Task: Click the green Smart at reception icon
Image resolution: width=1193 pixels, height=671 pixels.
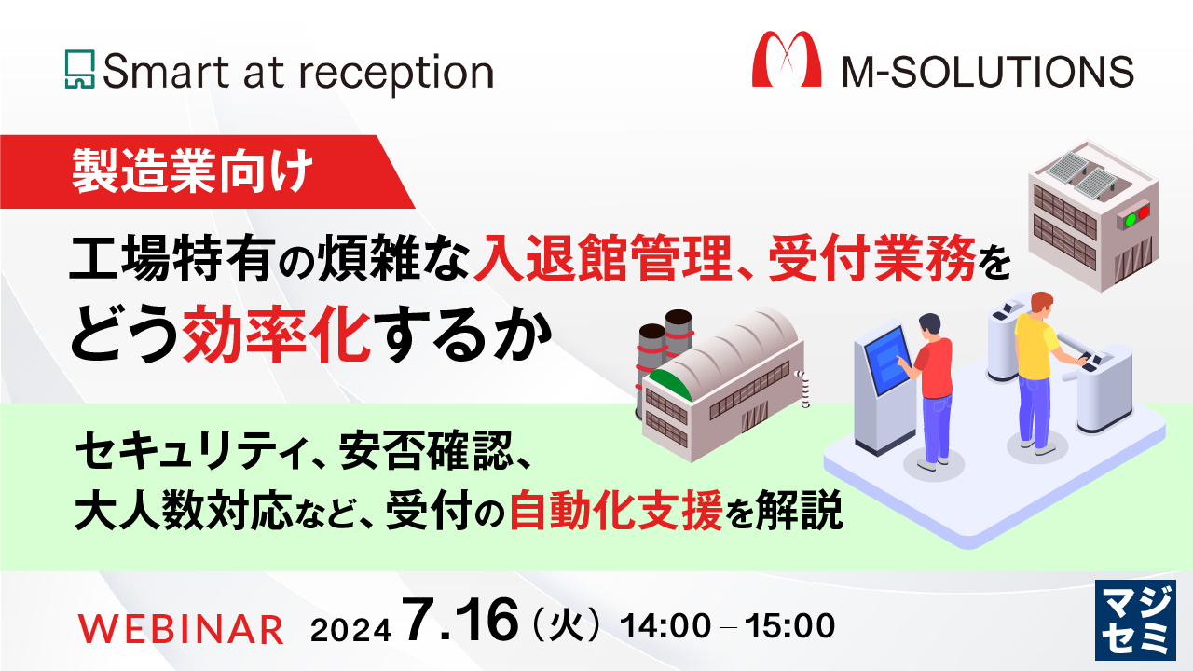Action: point(81,70)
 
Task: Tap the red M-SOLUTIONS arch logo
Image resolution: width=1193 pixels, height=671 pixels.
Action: point(787,60)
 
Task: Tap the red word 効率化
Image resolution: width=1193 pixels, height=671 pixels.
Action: point(281,334)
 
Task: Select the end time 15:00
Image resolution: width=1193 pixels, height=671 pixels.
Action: point(792,626)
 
